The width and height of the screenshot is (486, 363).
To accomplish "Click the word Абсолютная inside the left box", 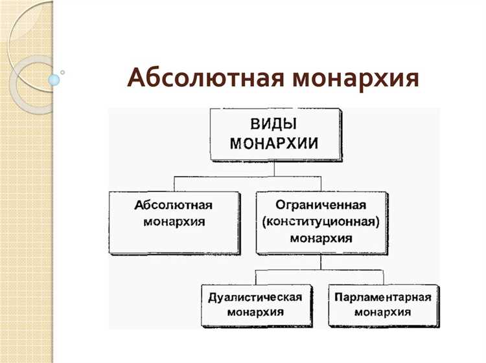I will pyautogui.click(x=173, y=205).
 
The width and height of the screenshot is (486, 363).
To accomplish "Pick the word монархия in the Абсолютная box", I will pyautogui.click(x=173, y=221).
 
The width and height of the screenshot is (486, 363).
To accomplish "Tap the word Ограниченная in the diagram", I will pyautogui.click(x=321, y=205).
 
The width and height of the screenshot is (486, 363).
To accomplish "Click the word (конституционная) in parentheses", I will pyautogui.click(x=321, y=221).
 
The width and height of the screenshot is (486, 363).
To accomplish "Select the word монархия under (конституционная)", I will pyautogui.click(x=321, y=237).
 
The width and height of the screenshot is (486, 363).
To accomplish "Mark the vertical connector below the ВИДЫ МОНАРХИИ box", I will pyautogui.click(x=275, y=168).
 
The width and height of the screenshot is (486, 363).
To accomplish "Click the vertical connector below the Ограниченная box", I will pyautogui.click(x=320, y=260).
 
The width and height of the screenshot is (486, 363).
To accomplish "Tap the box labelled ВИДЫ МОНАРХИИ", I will pyautogui.click(x=275, y=135).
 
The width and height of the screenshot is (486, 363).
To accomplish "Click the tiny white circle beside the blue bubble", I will pyautogui.click(x=63, y=72).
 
